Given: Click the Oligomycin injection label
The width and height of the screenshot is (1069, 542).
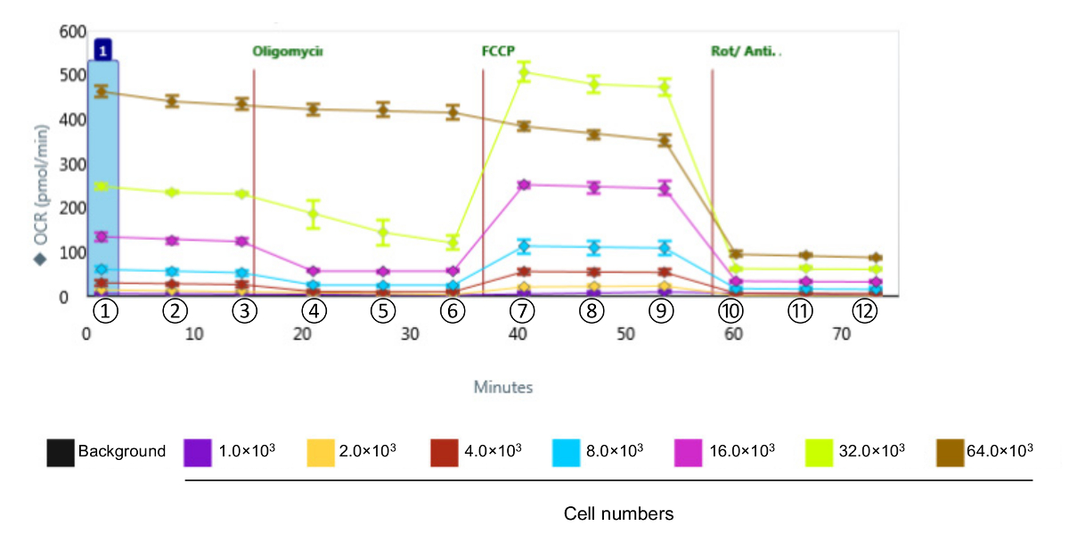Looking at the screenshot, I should pyautogui.click(x=287, y=51).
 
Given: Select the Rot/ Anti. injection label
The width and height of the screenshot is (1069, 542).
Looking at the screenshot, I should pyautogui.click(x=745, y=51).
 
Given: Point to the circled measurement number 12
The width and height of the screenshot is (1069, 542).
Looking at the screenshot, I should pyautogui.click(x=863, y=311).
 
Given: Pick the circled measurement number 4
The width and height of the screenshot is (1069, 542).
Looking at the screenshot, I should pyautogui.click(x=314, y=311).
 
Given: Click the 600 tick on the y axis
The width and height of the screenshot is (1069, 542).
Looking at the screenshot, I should pyautogui.click(x=71, y=32).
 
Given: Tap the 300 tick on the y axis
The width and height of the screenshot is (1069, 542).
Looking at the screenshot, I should pyautogui.click(x=71, y=165).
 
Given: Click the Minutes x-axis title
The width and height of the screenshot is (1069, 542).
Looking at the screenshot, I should pyautogui.click(x=503, y=388).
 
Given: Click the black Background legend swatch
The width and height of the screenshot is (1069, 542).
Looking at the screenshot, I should pyautogui.click(x=61, y=451).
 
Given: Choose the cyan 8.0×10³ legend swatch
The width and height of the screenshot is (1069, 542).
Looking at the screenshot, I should pyautogui.click(x=567, y=451).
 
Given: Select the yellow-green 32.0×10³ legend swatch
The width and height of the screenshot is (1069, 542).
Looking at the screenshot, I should pyautogui.click(x=820, y=451).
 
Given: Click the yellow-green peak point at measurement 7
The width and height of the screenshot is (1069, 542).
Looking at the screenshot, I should pyautogui.click(x=524, y=73).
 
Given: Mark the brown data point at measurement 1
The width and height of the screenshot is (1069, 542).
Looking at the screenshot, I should pyautogui.click(x=102, y=91).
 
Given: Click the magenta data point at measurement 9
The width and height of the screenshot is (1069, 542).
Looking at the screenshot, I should pyautogui.click(x=664, y=189).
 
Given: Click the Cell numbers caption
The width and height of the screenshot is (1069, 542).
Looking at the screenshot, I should pyautogui.click(x=618, y=514).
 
